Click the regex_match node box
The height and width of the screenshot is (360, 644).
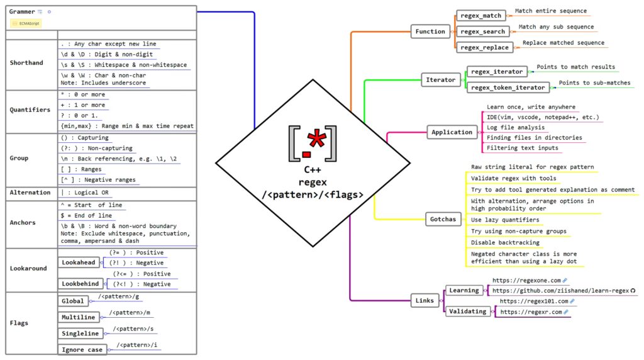[481, 14]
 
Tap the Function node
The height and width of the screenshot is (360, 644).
[430, 31]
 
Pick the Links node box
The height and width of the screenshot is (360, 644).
[425, 300]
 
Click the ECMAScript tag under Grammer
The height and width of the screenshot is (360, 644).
[26, 23]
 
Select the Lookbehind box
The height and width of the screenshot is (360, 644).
[80, 284]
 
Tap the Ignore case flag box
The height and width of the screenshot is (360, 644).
[82, 349]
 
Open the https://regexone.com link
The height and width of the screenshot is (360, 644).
[526, 280]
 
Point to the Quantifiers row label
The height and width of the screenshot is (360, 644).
[30, 110]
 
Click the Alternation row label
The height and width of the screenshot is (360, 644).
[30, 192]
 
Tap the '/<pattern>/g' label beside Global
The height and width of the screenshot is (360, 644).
[119, 296]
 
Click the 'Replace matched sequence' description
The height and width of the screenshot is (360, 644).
[563, 43]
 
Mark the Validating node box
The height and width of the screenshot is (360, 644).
[468, 311]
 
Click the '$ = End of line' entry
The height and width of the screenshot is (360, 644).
[86, 215]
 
